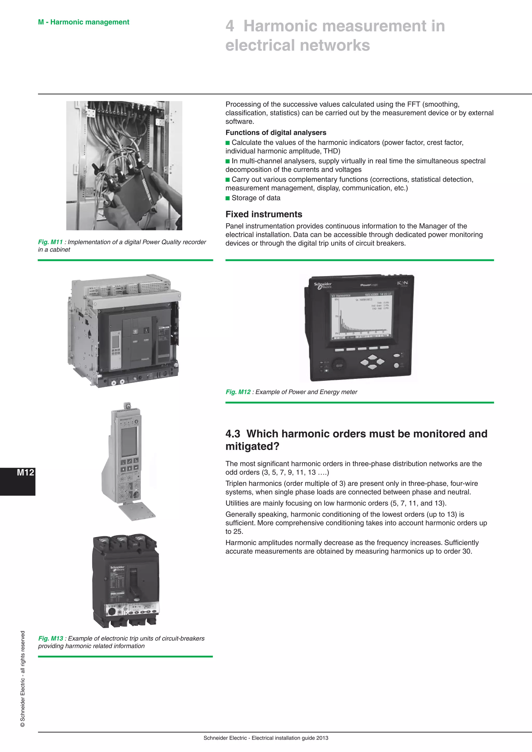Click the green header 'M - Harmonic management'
[84, 22]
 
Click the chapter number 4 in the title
[230, 26]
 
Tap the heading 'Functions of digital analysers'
[276, 133]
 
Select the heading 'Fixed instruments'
[264, 214]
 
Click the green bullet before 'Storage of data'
[228, 198]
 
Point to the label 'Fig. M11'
[50, 242]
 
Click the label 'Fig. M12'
[238, 392]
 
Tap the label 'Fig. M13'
[50, 638]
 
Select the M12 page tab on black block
[25, 473]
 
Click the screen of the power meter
[361, 316]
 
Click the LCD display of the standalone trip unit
[129, 441]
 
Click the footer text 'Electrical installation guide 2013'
[290, 738]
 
